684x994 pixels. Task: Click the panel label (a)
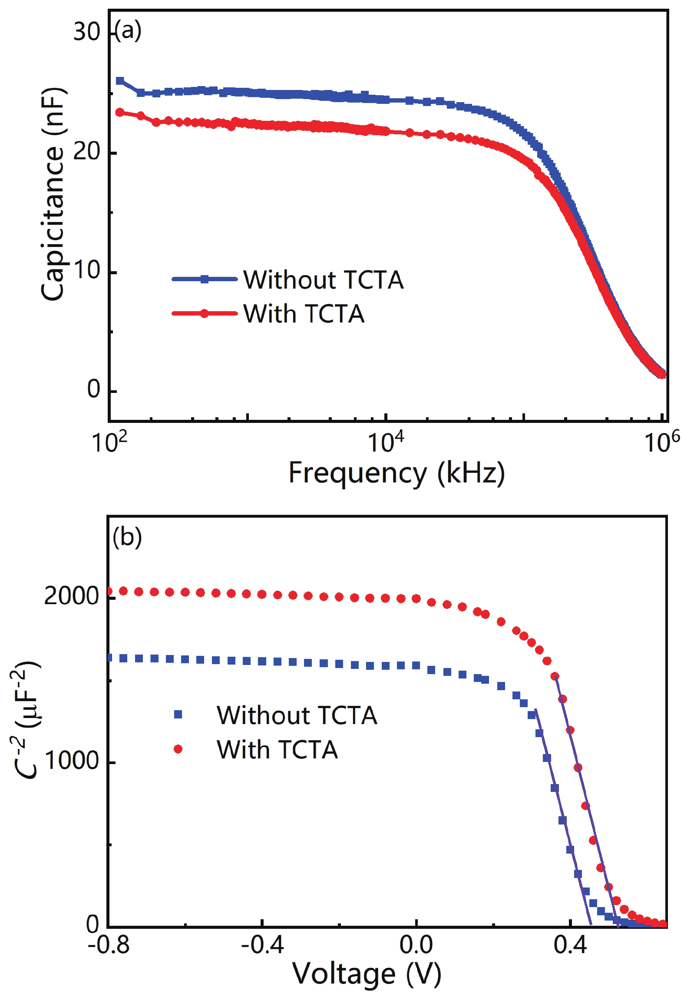pos(128,31)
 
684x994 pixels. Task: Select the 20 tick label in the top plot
pos(86,152)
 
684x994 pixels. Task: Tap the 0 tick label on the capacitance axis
pos(94,389)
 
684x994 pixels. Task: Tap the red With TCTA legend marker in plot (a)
pos(204,313)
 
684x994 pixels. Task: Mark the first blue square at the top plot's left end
pos(120,81)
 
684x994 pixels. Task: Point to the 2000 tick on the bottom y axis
pos(72,596)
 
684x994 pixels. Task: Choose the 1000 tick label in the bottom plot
pos(72,761)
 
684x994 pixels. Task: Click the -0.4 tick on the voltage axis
pos(262,945)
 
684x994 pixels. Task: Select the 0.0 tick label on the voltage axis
pos(416,945)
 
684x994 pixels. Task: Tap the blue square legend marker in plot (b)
pos(178,714)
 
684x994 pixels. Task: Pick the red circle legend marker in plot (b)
pos(178,748)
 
